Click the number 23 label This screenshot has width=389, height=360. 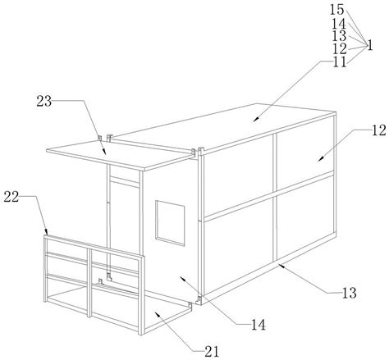(44, 102)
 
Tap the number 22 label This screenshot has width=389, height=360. (11, 197)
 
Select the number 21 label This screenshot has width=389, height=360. (212, 352)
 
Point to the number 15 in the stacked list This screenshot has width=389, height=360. (336, 10)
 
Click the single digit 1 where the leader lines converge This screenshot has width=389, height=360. (370, 45)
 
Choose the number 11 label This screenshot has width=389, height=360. (340, 62)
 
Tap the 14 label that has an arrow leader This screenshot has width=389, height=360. (259, 325)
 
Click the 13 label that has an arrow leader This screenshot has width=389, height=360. (350, 293)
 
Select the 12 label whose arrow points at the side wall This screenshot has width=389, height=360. (378, 130)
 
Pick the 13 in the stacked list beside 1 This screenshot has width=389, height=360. (339, 36)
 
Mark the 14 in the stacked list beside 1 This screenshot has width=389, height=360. (339, 24)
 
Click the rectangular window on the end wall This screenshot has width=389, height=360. (170, 223)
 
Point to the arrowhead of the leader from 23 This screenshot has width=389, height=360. (104, 152)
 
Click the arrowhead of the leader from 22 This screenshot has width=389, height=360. (47, 232)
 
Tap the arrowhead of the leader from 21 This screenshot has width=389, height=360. (158, 314)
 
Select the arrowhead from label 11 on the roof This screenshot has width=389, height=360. (256, 118)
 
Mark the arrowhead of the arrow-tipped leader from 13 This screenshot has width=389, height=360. (280, 265)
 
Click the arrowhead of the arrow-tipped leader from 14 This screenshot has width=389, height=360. (182, 279)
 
